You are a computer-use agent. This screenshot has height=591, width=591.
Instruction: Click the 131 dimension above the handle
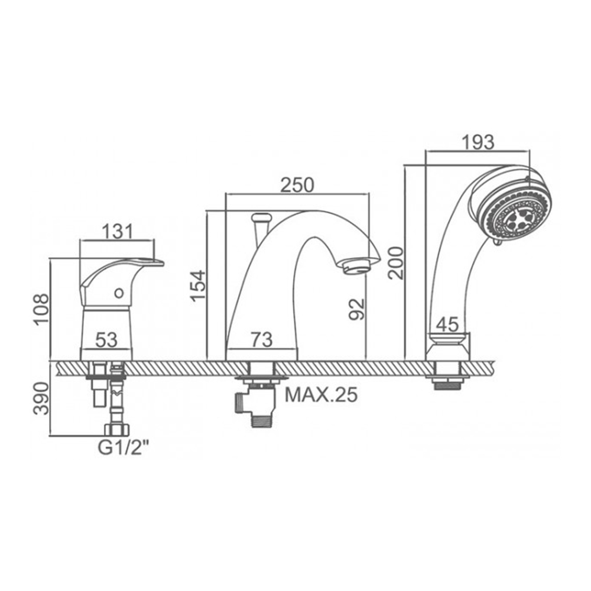click(x=117, y=232)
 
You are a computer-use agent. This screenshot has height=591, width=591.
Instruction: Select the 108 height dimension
click(x=41, y=309)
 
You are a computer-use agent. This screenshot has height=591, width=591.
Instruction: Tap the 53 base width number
click(x=106, y=340)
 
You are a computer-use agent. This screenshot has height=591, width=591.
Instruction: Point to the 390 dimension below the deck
click(x=41, y=399)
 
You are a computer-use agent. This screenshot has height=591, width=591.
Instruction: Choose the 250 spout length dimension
click(x=297, y=185)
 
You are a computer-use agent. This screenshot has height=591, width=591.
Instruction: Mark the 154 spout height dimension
click(x=197, y=285)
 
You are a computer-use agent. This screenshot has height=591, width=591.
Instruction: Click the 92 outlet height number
click(x=356, y=309)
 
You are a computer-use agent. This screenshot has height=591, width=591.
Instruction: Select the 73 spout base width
click(x=262, y=340)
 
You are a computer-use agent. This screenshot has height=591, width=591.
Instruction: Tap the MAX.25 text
click(x=321, y=395)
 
